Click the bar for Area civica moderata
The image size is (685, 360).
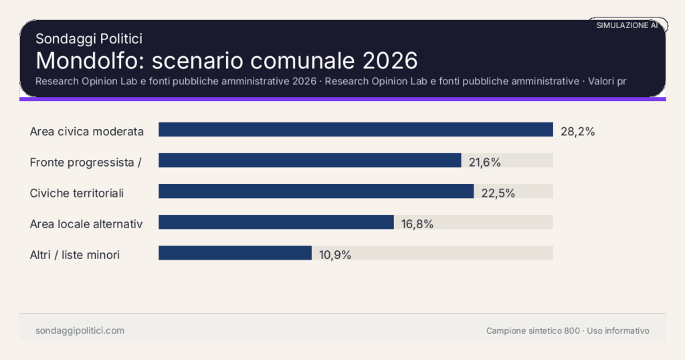coord(355,130)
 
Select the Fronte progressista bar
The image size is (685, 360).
coord(310,161)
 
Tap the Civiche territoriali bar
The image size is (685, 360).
coord(316,191)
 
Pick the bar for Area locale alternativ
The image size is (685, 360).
coord(276,222)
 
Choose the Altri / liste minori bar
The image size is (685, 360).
coord(235,253)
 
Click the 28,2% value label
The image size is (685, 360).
coord(577,132)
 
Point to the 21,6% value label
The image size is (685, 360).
coord(484,163)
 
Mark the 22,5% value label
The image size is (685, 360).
coord(498,193)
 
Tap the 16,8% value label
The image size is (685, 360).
coord(417,224)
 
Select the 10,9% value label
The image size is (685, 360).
coord(334,255)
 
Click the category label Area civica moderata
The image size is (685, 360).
coord(87,132)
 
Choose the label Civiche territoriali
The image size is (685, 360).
coord(77,193)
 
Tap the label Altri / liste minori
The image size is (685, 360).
coord(75,255)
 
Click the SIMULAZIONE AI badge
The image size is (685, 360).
coord(627,25)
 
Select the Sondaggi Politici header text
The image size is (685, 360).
coord(88,39)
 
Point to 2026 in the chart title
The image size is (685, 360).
coord(390,60)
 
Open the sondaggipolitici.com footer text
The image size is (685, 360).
coord(80,331)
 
